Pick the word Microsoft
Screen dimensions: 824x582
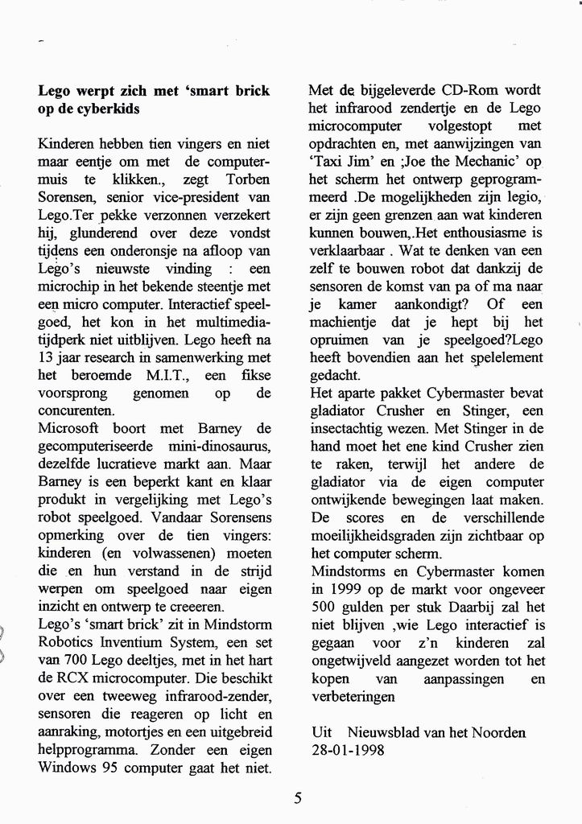coord(70,429)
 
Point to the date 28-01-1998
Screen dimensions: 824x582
coord(348,750)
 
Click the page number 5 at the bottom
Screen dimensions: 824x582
coord(298,799)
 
